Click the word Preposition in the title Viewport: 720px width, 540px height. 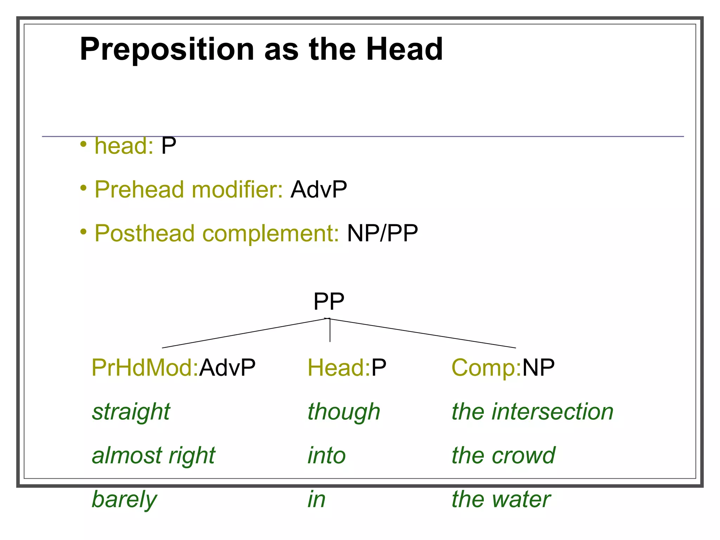tap(167, 50)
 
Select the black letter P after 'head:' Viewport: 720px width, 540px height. tap(169, 146)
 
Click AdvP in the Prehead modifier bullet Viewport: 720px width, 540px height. tap(319, 189)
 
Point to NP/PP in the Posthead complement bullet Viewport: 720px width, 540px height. tap(382, 233)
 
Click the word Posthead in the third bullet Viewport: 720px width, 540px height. tap(144, 233)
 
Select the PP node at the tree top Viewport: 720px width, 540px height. tap(329, 301)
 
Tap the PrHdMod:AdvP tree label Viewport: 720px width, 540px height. tap(173, 368)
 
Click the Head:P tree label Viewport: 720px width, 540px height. tap(347, 368)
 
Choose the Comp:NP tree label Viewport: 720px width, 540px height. tap(503, 368)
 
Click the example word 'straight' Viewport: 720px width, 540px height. tap(131, 412)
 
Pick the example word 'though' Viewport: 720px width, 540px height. tap(344, 412)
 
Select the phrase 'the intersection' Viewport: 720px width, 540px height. tap(532, 412)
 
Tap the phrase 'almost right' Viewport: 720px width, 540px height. tap(153, 456)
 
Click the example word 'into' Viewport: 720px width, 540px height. tap(327, 456)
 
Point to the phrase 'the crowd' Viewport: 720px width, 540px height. tap(503, 456)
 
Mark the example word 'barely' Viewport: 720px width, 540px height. tap(124, 500)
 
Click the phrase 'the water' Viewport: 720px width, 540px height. tap(501, 500)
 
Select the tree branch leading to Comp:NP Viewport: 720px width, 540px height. tap(422, 333)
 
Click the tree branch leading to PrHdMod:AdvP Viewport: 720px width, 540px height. tap(244, 333)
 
